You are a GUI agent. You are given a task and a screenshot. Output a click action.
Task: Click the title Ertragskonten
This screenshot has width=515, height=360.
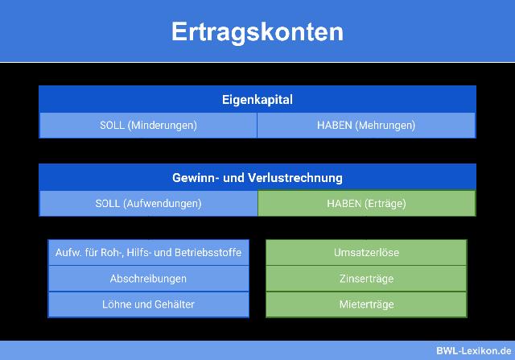(x=257, y=31)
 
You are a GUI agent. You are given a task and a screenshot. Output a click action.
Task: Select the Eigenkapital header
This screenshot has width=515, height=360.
(x=257, y=100)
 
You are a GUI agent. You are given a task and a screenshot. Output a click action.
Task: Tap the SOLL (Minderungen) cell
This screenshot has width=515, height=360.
(x=148, y=126)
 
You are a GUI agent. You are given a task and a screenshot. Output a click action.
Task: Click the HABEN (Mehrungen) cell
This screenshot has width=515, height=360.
(x=366, y=126)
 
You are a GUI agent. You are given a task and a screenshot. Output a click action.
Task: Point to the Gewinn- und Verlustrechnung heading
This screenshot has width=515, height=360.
(x=257, y=177)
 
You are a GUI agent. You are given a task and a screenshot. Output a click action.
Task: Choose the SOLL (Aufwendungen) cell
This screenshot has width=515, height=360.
(x=148, y=204)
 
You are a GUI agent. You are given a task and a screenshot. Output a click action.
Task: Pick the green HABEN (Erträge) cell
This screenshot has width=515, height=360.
(x=366, y=204)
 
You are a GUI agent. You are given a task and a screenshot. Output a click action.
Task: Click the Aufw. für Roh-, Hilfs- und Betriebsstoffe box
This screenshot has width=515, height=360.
(x=148, y=253)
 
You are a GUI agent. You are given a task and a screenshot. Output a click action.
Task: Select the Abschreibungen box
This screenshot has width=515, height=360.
(x=148, y=279)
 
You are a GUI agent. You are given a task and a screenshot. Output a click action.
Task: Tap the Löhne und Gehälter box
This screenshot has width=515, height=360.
(x=148, y=304)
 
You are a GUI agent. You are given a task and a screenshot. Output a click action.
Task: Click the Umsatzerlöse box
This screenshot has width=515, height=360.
(x=366, y=253)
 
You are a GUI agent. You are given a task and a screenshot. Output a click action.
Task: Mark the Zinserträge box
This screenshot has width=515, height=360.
(x=366, y=279)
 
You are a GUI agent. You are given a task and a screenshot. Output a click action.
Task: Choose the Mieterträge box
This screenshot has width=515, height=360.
(x=366, y=304)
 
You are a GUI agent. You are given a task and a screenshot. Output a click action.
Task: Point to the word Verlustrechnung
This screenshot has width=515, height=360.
(x=299, y=177)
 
